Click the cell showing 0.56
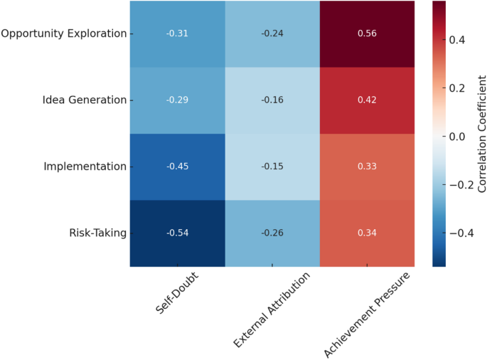click(x=367, y=33)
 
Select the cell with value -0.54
click(x=177, y=233)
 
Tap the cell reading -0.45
click(x=177, y=166)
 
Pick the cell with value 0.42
click(x=367, y=100)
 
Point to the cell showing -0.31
click(x=177, y=33)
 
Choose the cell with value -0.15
click(x=272, y=166)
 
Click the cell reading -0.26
click(x=272, y=233)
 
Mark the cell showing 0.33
click(x=367, y=166)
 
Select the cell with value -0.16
click(x=272, y=100)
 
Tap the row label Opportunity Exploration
click(x=64, y=33)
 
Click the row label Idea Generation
click(x=84, y=100)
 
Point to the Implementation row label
click(x=84, y=166)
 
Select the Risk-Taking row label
click(x=97, y=233)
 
